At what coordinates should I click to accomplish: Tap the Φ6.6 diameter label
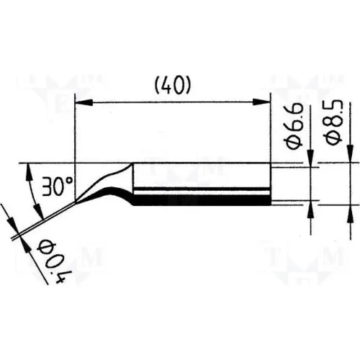[x=294, y=126]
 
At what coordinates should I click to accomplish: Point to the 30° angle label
[x=57, y=186]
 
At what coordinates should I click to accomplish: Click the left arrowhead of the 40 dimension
[x=84, y=102]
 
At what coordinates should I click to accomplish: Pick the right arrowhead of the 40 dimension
[x=261, y=102]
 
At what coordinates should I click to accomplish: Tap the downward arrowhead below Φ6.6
[x=311, y=158]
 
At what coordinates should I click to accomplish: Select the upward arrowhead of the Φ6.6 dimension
[x=311, y=210]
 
